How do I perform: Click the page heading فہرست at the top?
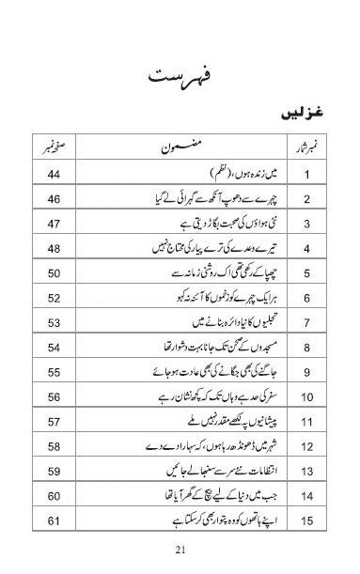click(180, 73)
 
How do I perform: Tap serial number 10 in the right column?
click(305, 423)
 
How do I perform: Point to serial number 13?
click(305, 472)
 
